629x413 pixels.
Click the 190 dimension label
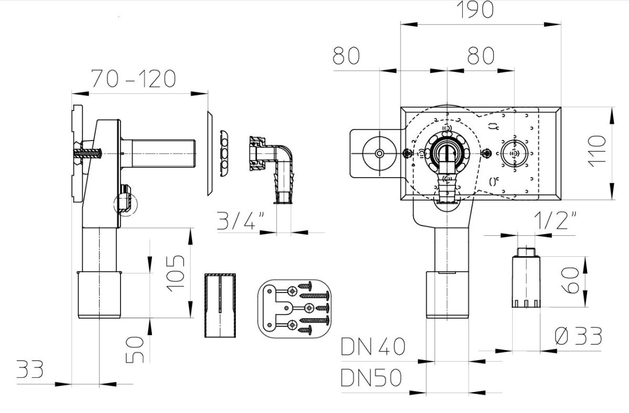475,10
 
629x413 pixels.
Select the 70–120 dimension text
134,79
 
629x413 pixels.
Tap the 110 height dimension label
597,151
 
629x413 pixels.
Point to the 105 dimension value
176,274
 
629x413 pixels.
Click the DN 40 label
373,346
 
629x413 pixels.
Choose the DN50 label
371,378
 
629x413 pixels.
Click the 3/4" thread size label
241,221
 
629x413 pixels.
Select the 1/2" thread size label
555,221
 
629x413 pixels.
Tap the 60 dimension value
570,281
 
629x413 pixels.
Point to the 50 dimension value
135,350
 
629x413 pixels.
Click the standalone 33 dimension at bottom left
30,369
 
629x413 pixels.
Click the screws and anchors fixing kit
295,309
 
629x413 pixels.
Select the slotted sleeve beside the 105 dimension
220,305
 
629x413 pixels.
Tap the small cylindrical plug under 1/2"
526,277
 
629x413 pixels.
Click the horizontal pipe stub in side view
158,154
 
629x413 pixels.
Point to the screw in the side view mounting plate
88,153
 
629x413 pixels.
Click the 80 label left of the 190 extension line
346,56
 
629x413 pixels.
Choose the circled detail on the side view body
126,204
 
